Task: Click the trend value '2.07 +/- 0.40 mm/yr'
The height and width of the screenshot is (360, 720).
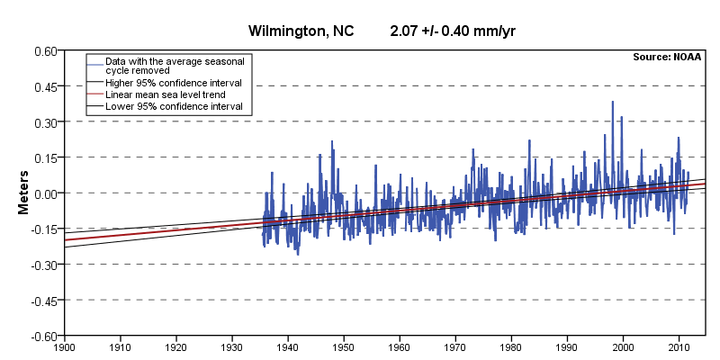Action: tap(452, 32)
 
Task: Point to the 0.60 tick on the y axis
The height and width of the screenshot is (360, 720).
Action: tap(44, 51)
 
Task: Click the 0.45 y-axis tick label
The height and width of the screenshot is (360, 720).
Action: tap(44, 86)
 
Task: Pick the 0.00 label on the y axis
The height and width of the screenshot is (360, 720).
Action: tap(44, 193)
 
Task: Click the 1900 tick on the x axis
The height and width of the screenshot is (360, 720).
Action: tap(64, 346)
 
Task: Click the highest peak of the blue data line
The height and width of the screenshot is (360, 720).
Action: tap(613, 102)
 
